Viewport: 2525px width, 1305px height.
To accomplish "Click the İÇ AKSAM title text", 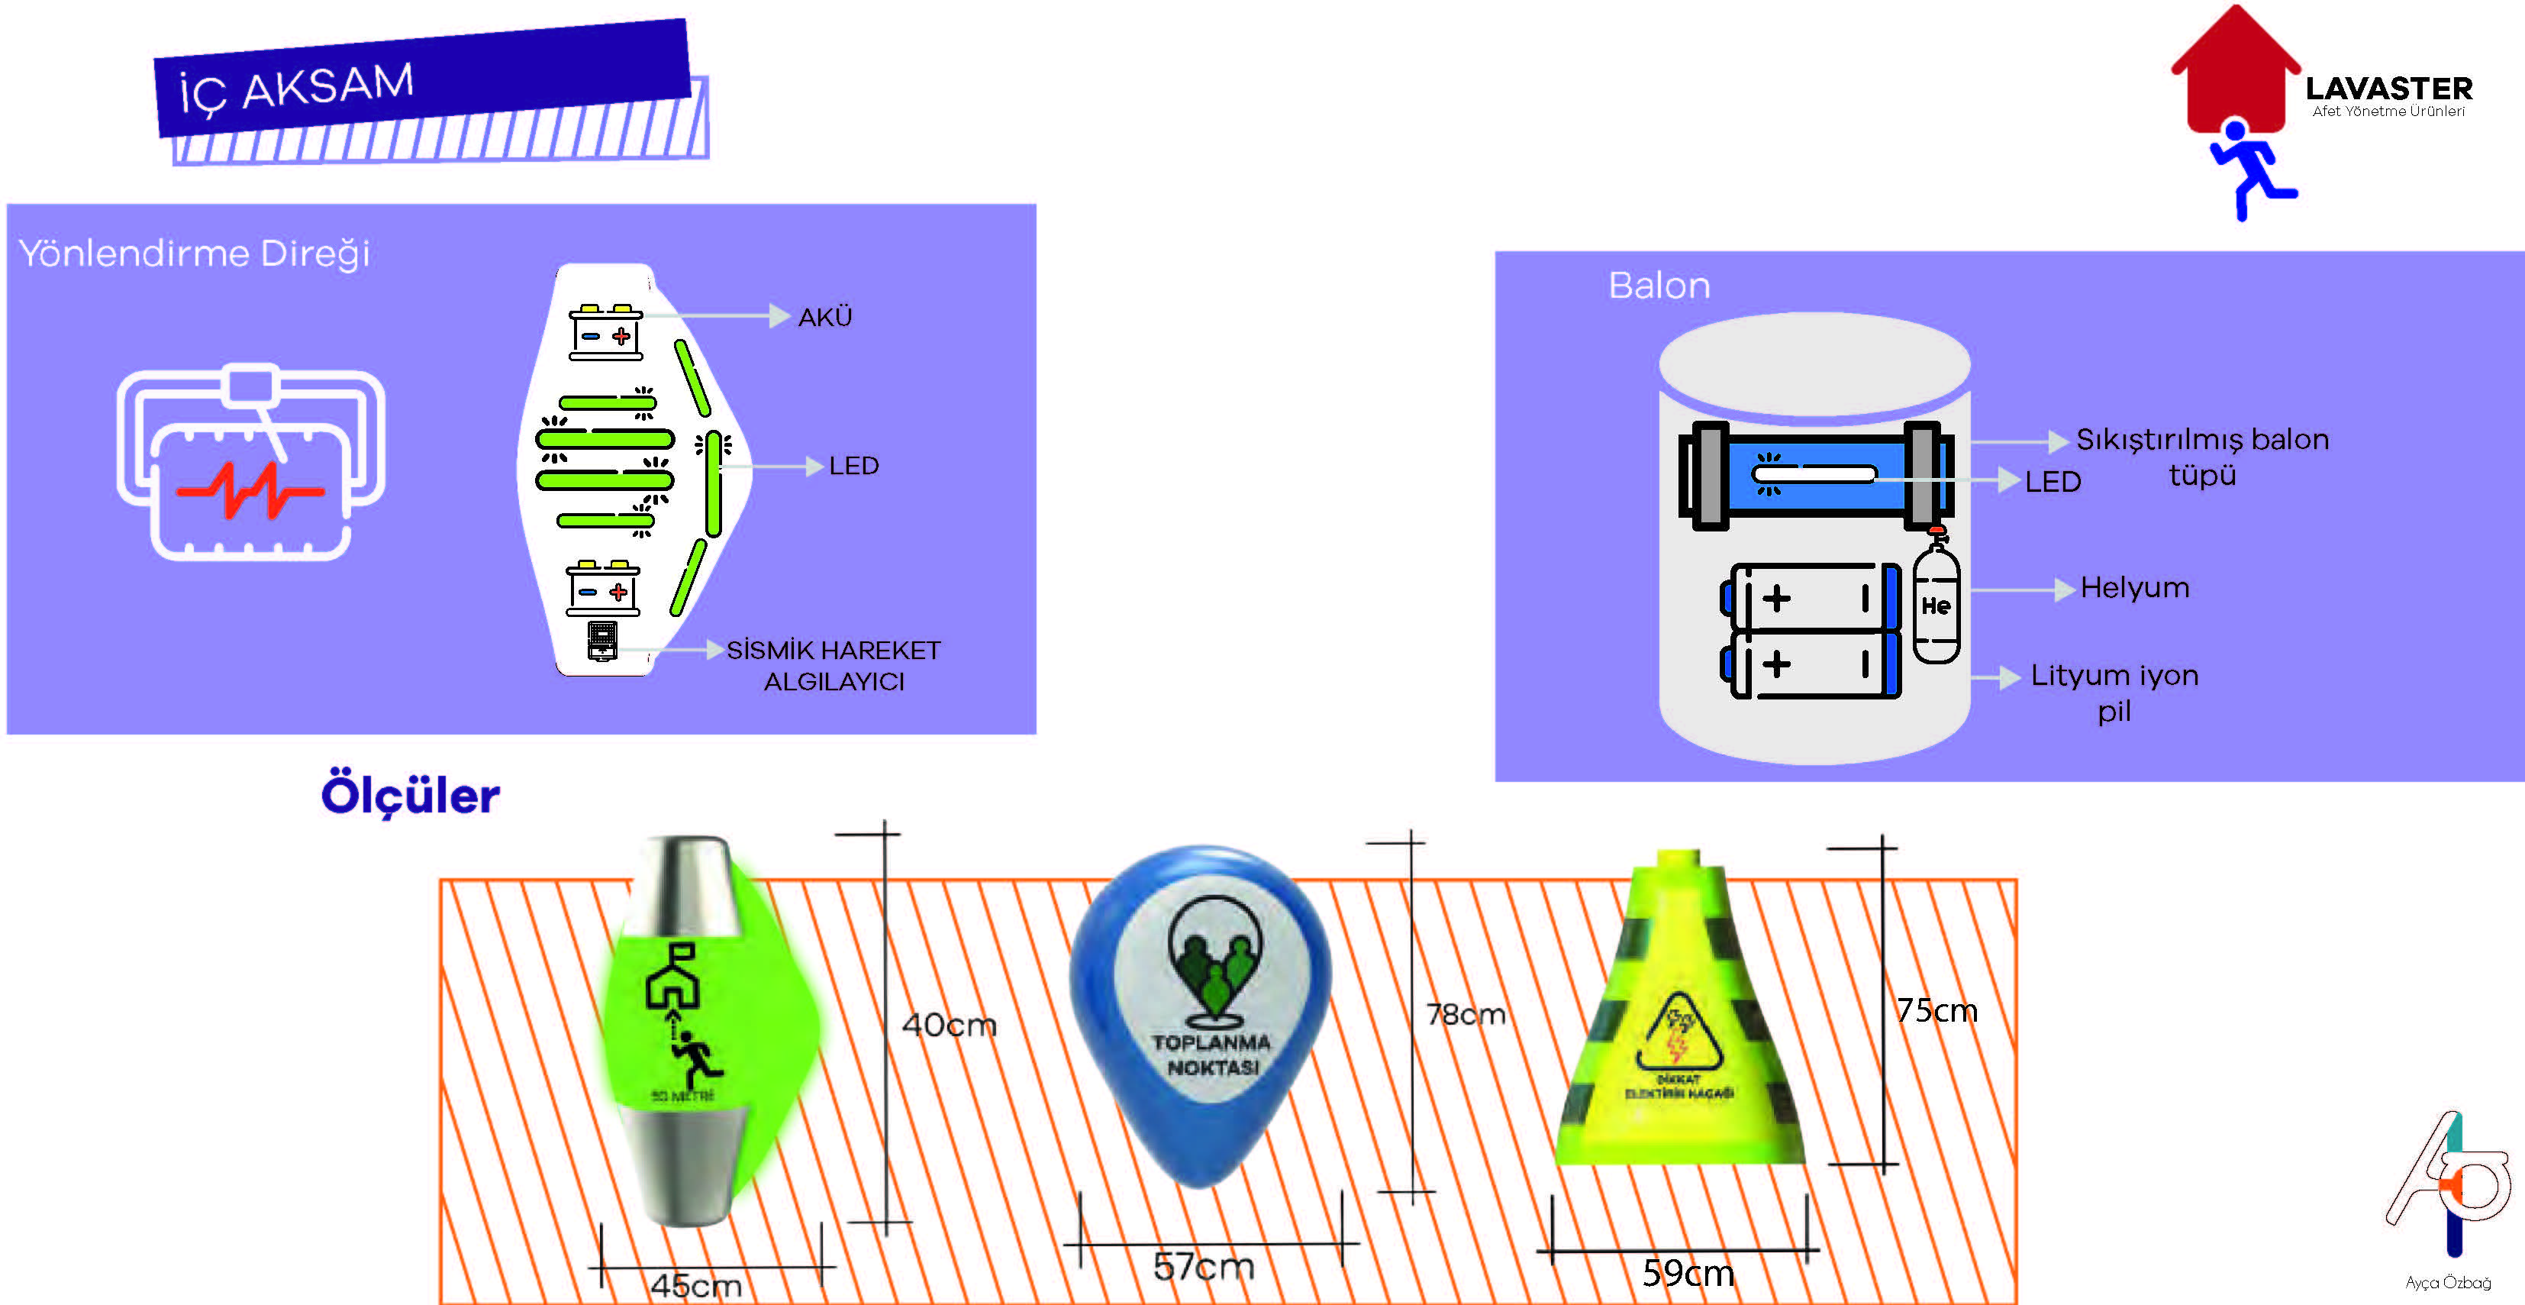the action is [296, 87].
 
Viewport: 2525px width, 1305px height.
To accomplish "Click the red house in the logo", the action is [2235, 73].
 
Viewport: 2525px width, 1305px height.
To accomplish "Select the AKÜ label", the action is [824, 318].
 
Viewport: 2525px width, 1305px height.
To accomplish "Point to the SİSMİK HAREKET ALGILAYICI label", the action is [834, 665].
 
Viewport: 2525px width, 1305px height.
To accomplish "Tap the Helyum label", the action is [2134, 587].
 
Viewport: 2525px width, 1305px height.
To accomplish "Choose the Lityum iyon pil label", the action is [2114, 693].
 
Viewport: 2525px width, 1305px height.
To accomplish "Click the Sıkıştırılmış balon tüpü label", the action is [2201, 456].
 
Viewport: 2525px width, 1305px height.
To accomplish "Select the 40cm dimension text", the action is [949, 1025].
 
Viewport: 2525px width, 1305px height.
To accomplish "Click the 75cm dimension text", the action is [1936, 1010].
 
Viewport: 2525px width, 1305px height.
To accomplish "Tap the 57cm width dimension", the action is [1204, 1266].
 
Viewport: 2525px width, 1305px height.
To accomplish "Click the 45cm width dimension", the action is [696, 1284].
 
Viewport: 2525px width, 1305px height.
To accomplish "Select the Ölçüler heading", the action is [410, 795].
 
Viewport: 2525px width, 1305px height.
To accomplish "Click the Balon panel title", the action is [1659, 286].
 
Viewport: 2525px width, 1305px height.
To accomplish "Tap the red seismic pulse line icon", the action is [250, 489].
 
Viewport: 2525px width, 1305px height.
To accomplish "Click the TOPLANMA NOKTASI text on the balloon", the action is [1211, 1054].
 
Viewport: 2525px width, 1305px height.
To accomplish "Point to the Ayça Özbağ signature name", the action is [2448, 1282].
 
